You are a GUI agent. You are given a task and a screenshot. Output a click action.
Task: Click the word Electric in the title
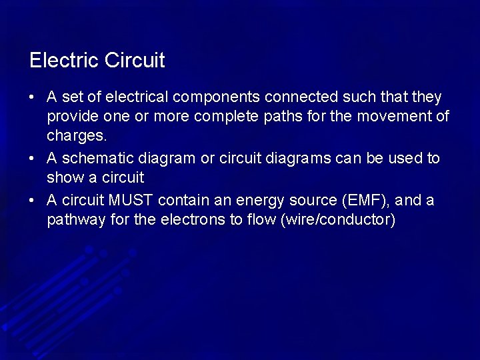tap(61, 61)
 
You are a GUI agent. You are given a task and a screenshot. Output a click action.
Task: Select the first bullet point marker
tap(32, 98)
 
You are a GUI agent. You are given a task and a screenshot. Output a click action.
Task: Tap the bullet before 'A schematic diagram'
tap(32, 159)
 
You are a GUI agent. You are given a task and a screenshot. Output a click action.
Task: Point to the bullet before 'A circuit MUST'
tap(32, 201)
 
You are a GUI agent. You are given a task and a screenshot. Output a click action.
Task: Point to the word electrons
tap(191, 220)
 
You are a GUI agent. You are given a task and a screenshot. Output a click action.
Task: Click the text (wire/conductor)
tap(339, 220)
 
